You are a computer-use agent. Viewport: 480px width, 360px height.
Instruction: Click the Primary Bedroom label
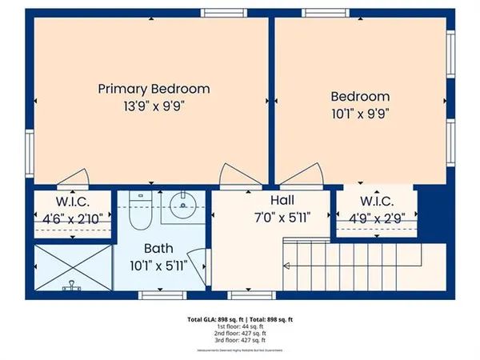(154, 89)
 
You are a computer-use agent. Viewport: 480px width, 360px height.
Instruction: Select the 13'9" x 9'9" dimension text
(154, 106)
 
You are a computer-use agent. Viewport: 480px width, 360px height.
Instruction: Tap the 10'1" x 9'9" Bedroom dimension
(360, 113)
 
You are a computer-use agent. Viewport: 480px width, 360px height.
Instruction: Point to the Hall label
(282, 200)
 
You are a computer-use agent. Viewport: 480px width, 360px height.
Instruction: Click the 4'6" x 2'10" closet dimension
(71, 217)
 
